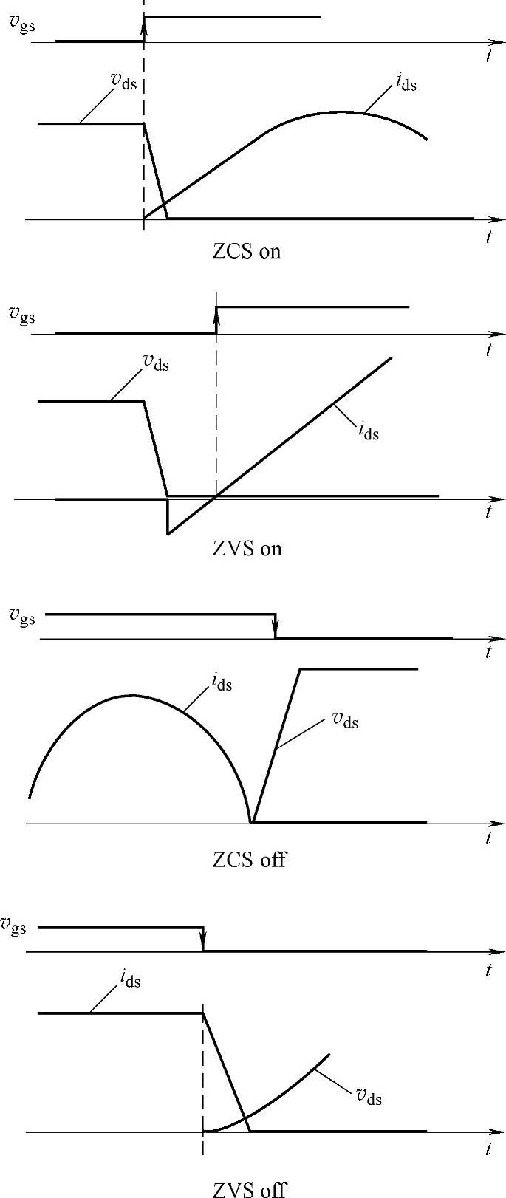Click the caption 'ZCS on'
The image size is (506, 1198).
[x=246, y=251]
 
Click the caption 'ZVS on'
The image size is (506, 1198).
[x=247, y=549]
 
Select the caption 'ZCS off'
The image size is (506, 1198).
[x=248, y=860]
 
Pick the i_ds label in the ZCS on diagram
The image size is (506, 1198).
[x=405, y=83]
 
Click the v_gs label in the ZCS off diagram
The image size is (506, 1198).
[x=21, y=615]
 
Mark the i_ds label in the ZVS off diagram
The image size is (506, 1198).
[x=129, y=980]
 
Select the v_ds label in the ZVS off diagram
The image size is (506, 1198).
[x=369, y=1096]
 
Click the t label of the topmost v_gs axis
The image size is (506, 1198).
[x=489, y=56]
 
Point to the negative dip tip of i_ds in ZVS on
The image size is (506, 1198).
[x=168, y=533]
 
